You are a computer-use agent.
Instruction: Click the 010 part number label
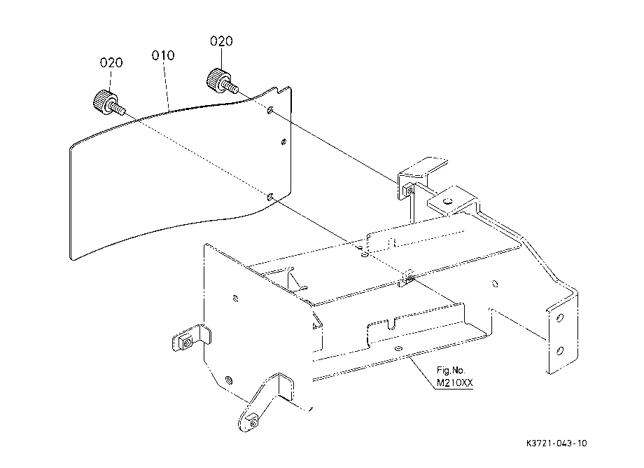point(163,55)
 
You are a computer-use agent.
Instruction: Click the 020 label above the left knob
point(111,62)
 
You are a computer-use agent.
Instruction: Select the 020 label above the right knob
point(221,41)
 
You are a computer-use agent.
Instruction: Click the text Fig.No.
point(451,371)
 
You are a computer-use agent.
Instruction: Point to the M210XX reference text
point(455,383)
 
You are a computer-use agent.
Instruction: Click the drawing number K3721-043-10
point(556,443)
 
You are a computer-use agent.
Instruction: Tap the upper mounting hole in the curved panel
point(269,110)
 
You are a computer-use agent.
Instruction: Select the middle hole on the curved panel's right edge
point(283,142)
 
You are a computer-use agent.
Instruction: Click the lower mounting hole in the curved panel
point(269,198)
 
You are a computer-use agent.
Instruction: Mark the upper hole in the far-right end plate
point(559,317)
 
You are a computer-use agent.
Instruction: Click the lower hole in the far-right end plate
point(559,350)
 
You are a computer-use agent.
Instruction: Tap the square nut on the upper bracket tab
point(409,191)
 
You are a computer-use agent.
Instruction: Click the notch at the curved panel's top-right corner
point(281,90)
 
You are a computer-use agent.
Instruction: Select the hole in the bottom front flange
point(398,349)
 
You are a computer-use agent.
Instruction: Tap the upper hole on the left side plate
point(235,298)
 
